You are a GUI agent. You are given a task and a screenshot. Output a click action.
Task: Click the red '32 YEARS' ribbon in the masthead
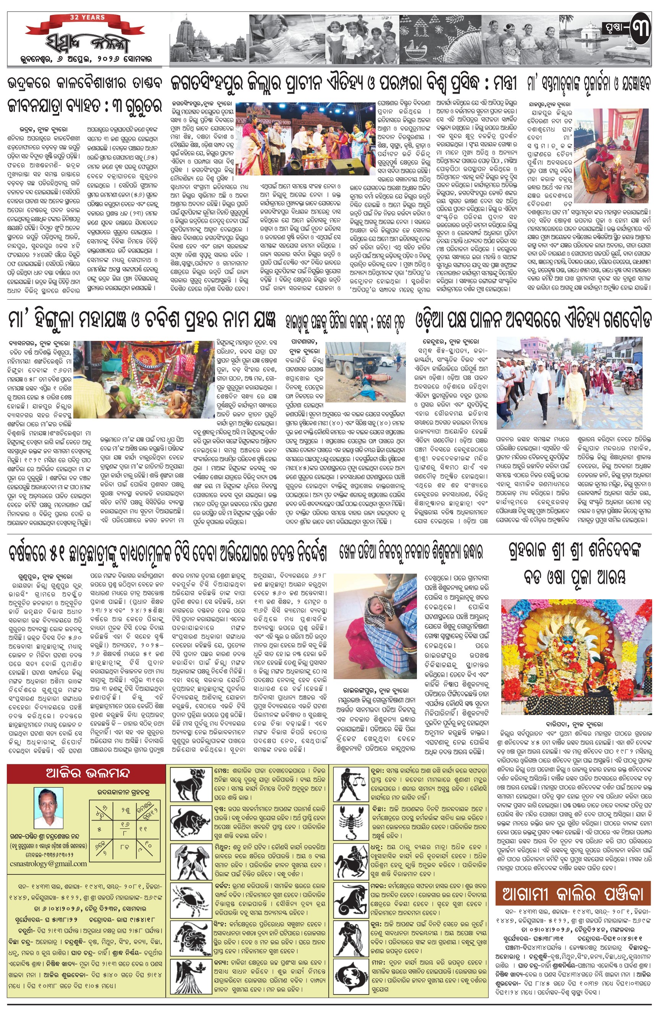[x=87, y=18]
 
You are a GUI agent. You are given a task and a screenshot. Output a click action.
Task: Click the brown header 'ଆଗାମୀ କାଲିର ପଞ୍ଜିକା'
[x=573, y=894]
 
